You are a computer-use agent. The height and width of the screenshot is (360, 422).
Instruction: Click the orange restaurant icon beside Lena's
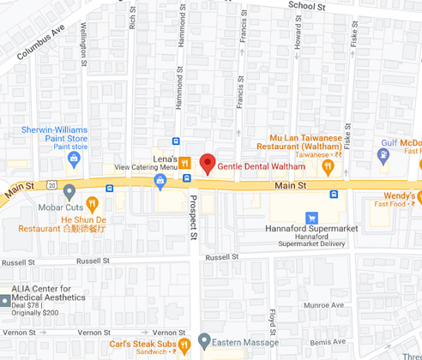[184, 160]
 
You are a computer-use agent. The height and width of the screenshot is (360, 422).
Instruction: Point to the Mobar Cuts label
[60, 207]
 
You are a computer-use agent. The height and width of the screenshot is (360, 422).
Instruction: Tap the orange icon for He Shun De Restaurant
[93, 203]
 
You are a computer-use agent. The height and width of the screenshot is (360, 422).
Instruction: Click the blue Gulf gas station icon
[384, 154]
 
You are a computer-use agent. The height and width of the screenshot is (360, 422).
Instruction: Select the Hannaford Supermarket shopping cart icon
[312, 218]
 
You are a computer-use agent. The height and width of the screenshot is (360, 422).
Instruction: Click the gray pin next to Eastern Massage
[204, 340]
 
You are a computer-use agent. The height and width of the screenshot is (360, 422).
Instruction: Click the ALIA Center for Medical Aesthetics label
[48, 294]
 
